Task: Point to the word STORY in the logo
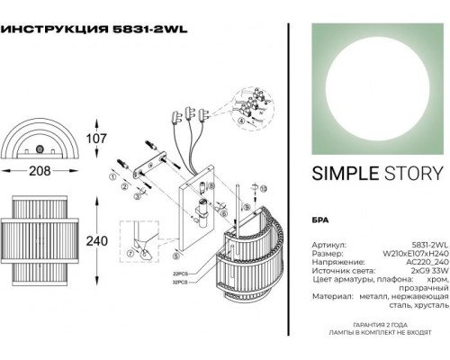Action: [x=410, y=174]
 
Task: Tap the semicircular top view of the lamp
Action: [x=38, y=137]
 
